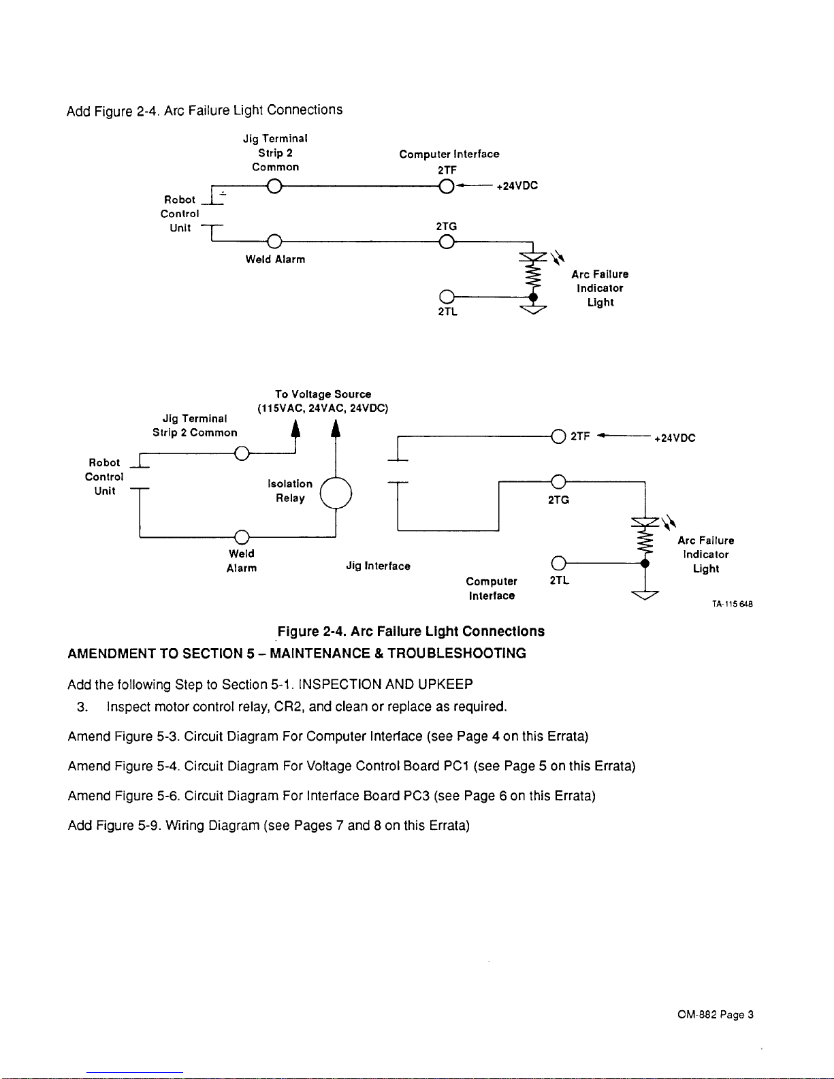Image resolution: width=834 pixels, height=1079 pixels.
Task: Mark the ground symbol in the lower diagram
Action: tap(645, 595)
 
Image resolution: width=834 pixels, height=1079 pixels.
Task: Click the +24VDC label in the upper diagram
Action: tap(517, 186)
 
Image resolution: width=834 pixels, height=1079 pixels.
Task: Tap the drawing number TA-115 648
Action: tap(733, 604)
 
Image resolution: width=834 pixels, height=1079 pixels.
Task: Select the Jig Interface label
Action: tap(378, 566)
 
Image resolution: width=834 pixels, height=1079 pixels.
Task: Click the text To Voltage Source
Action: tap(323, 394)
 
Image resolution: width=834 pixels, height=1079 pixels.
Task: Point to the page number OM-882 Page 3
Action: tap(716, 1014)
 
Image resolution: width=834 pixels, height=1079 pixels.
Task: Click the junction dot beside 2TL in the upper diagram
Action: tap(532, 297)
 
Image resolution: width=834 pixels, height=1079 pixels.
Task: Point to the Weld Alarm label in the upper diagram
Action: tap(275, 259)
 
